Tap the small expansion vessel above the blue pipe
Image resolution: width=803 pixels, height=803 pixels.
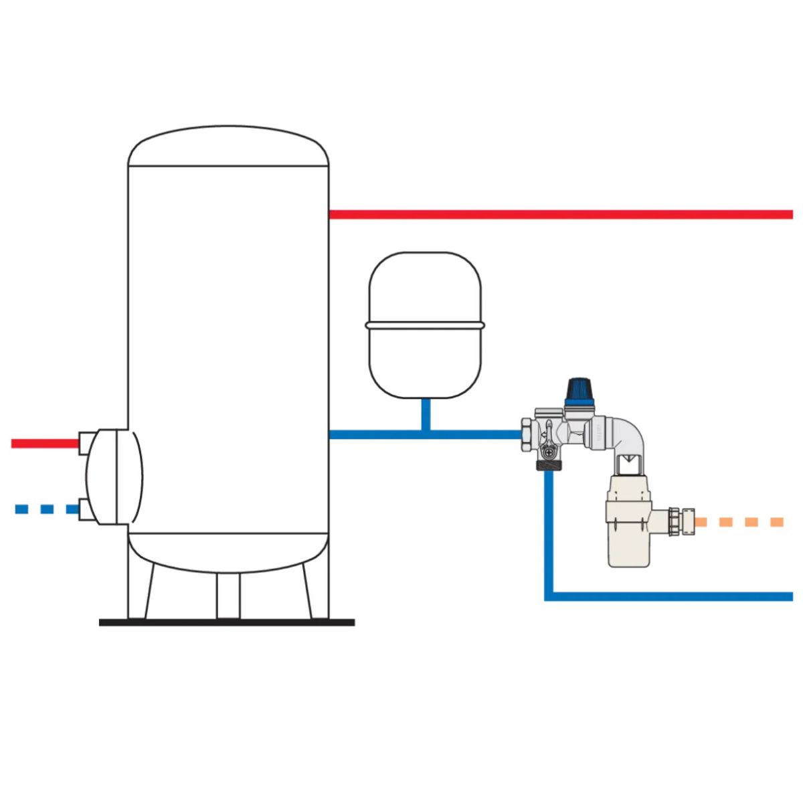424,294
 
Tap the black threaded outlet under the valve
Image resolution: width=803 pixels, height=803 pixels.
548,466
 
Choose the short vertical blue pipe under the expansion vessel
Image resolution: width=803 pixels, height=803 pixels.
425,415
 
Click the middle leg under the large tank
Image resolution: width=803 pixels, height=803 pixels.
228,596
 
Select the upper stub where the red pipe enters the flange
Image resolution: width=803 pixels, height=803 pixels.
86,442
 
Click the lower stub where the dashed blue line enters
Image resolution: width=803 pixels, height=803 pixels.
86,509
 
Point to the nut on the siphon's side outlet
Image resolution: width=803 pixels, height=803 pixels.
683,521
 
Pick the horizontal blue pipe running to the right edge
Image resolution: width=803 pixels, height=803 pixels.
669,596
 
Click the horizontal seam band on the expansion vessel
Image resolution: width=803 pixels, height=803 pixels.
424,326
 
